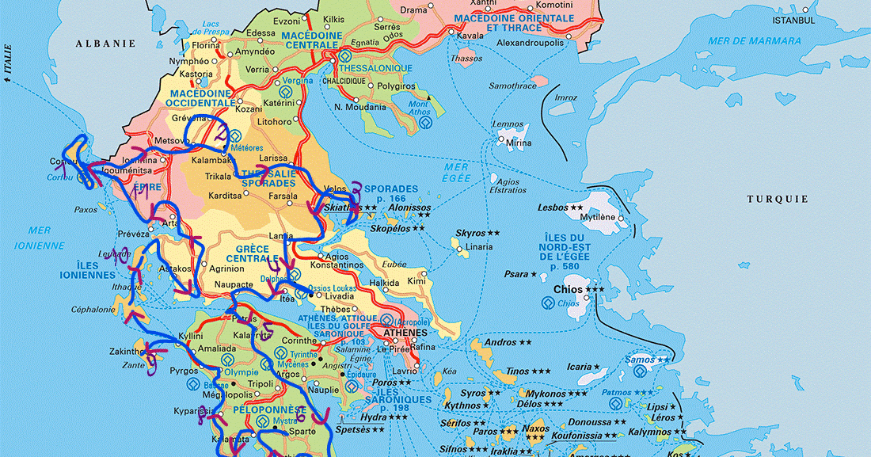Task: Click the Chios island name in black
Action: coord(568,290)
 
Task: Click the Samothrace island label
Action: coord(512,86)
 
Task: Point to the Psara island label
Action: coord(515,274)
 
